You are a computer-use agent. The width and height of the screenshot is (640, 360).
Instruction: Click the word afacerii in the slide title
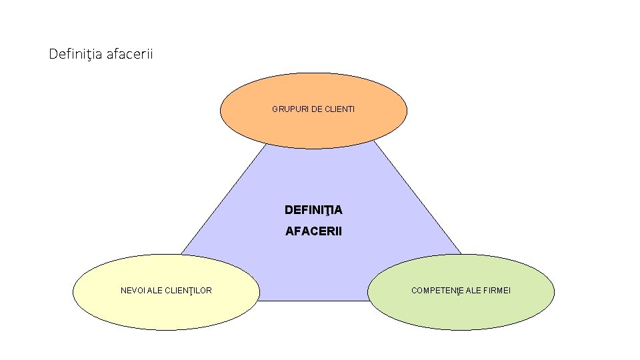129,54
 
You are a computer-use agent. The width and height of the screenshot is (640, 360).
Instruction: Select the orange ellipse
313,127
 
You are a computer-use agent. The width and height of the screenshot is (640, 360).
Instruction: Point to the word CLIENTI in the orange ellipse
340,109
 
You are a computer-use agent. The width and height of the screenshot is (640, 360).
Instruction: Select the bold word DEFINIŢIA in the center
313,210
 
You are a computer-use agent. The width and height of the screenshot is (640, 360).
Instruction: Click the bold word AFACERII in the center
313,231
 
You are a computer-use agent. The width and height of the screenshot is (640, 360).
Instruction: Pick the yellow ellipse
166,310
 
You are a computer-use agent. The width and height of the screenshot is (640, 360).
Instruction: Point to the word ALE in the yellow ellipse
155,291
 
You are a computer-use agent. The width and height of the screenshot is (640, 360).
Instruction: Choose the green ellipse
461,310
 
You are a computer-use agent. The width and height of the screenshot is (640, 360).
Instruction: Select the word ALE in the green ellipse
475,291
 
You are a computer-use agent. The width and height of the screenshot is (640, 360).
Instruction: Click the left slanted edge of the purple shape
220,200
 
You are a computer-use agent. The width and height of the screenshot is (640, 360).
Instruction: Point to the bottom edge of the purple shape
313,301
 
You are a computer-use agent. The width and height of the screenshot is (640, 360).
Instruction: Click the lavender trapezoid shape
313,180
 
